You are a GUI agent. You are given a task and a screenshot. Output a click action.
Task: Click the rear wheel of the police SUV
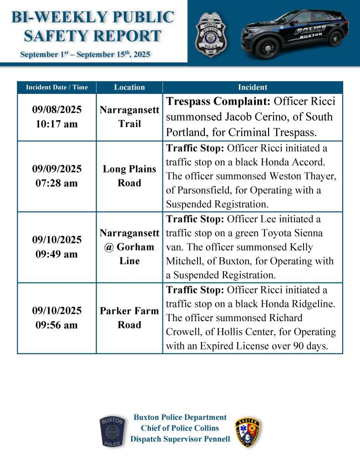click(335, 39)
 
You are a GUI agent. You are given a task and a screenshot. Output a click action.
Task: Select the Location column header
click(129, 87)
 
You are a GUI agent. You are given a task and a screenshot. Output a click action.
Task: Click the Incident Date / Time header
click(57, 87)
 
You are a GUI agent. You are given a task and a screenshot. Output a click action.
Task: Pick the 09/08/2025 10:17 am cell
click(57, 117)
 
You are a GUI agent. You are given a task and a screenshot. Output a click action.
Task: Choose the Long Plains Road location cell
click(129, 176)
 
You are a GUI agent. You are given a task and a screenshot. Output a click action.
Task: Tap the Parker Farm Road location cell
click(129, 318)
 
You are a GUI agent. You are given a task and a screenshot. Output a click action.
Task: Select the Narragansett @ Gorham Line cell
click(129, 247)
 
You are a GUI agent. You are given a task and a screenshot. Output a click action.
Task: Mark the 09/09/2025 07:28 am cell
click(57, 176)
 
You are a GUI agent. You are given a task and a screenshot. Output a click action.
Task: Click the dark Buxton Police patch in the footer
click(112, 431)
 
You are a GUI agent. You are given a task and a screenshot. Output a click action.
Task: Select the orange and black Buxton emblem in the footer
click(248, 432)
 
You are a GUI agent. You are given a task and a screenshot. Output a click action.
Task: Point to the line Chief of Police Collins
click(180, 428)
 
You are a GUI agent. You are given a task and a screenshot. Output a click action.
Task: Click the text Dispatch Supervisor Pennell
click(180, 439)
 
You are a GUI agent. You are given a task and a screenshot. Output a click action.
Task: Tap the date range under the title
click(85, 55)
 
